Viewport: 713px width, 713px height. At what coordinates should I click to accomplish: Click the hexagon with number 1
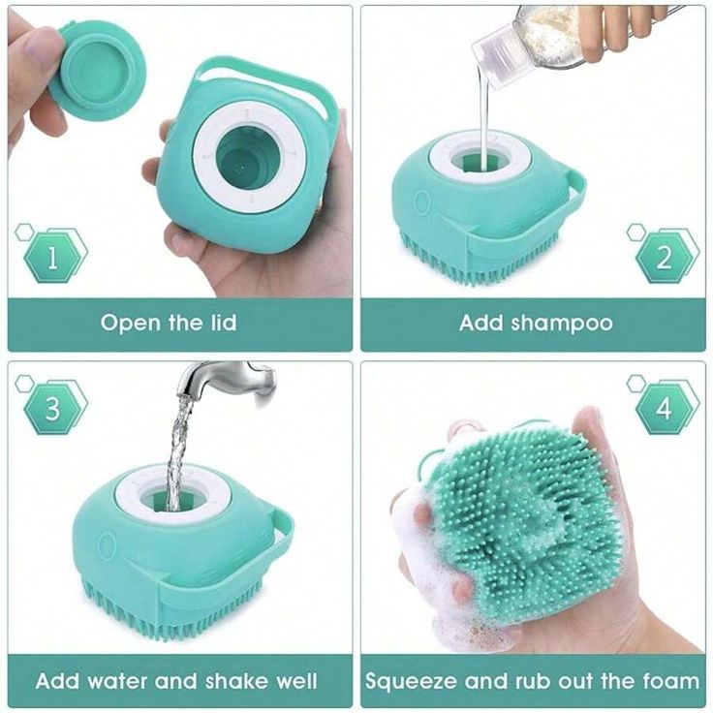52,257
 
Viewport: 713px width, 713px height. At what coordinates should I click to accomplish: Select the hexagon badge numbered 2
664,257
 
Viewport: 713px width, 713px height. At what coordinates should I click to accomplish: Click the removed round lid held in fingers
101,69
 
